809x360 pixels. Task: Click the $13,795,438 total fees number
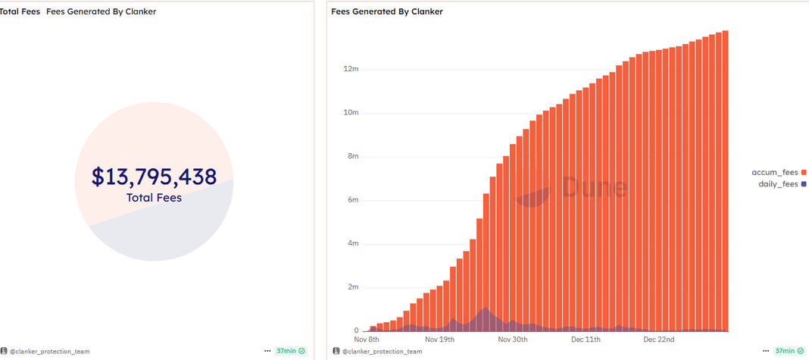[x=154, y=177]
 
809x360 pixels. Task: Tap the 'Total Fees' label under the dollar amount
[x=154, y=198]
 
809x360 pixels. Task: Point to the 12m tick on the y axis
[x=350, y=70]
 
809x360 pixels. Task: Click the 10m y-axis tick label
[x=350, y=113]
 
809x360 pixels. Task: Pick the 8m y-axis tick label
[x=351, y=157]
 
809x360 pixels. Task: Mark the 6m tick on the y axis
[x=351, y=200]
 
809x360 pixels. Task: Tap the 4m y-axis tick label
[x=351, y=244]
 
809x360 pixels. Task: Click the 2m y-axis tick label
[x=351, y=287]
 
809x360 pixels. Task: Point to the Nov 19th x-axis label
[x=439, y=340]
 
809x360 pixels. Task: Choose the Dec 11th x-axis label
[x=585, y=340]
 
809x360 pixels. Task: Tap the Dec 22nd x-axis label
[x=658, y=340]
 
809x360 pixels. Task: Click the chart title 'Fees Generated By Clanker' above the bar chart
[x=387, y=11]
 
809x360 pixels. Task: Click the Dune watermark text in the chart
[x=594, y=187]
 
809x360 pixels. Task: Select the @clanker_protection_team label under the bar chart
[x=382, y=352]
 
